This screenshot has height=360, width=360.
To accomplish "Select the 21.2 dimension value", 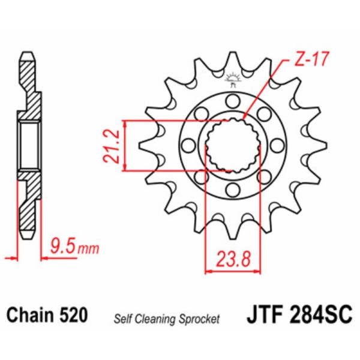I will point(109,146).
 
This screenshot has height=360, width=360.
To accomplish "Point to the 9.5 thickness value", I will point(63,245).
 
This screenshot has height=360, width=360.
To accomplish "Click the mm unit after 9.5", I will point(88,247).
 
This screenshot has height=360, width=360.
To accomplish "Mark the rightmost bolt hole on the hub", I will point(278,145).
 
